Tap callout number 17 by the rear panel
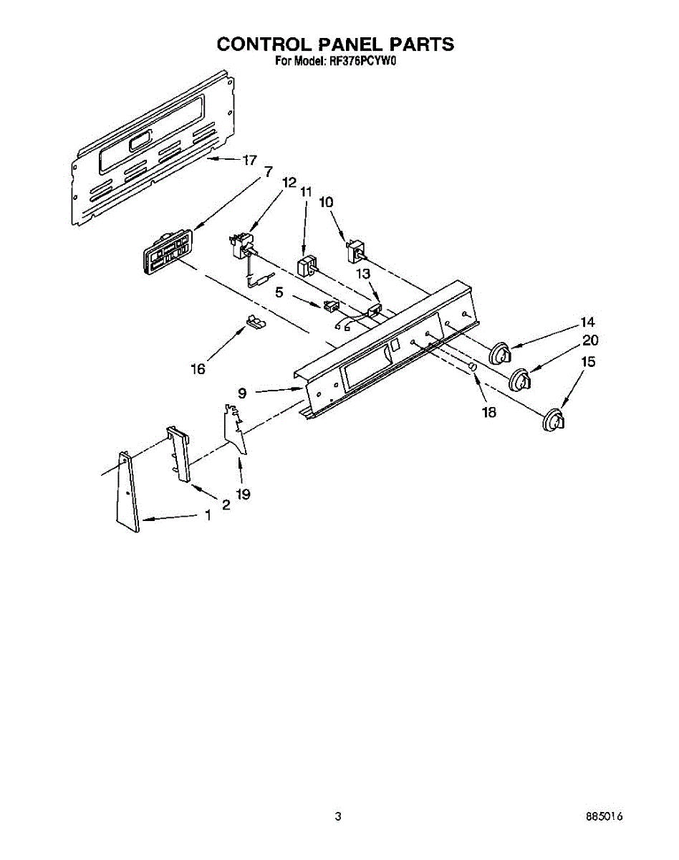tap(249, 161)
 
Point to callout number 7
tap(268, 172)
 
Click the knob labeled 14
tap(501, 354)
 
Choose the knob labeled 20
tap(521, 379)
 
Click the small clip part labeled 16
tap(254, 322)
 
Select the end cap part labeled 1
tap(127, 492)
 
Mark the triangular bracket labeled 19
tap(234, 429)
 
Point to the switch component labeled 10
tap(355, 251)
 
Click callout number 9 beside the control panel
tap(243, 392)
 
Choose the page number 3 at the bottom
tap(338, 816)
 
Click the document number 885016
tap(604, 816)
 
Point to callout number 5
tap(279, 292)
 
